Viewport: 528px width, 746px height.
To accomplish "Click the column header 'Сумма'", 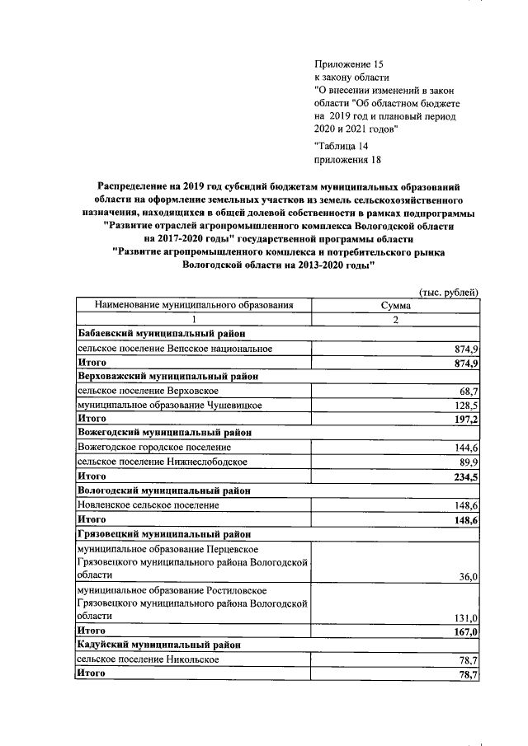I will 395,305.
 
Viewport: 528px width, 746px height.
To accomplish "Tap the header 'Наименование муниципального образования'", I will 195,305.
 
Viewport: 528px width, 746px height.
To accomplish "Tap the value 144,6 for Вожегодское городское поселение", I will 464,448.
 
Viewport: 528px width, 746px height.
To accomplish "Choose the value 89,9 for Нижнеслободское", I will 466,462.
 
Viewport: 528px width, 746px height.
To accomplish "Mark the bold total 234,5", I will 464,477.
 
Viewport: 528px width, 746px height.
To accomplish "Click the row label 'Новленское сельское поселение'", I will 148,505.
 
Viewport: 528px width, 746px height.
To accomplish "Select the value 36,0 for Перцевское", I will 467,577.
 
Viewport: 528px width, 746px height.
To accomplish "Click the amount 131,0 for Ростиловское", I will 464,618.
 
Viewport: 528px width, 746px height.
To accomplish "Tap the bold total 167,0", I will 464,632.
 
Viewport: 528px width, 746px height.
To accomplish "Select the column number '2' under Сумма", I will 395,320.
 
